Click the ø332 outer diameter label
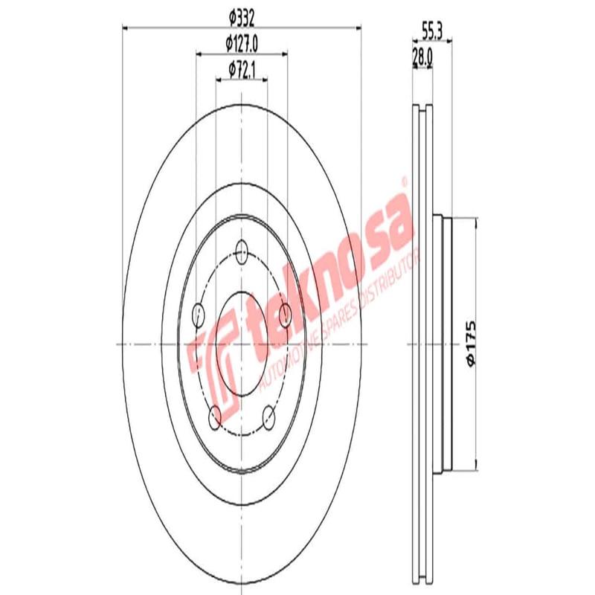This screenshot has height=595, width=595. [x=242, y=16]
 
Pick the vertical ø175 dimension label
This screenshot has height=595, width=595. [x=469, y=343]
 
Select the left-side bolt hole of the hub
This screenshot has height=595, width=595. [x=199, y=315]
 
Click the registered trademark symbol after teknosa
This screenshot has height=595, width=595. [x=404, y=181]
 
